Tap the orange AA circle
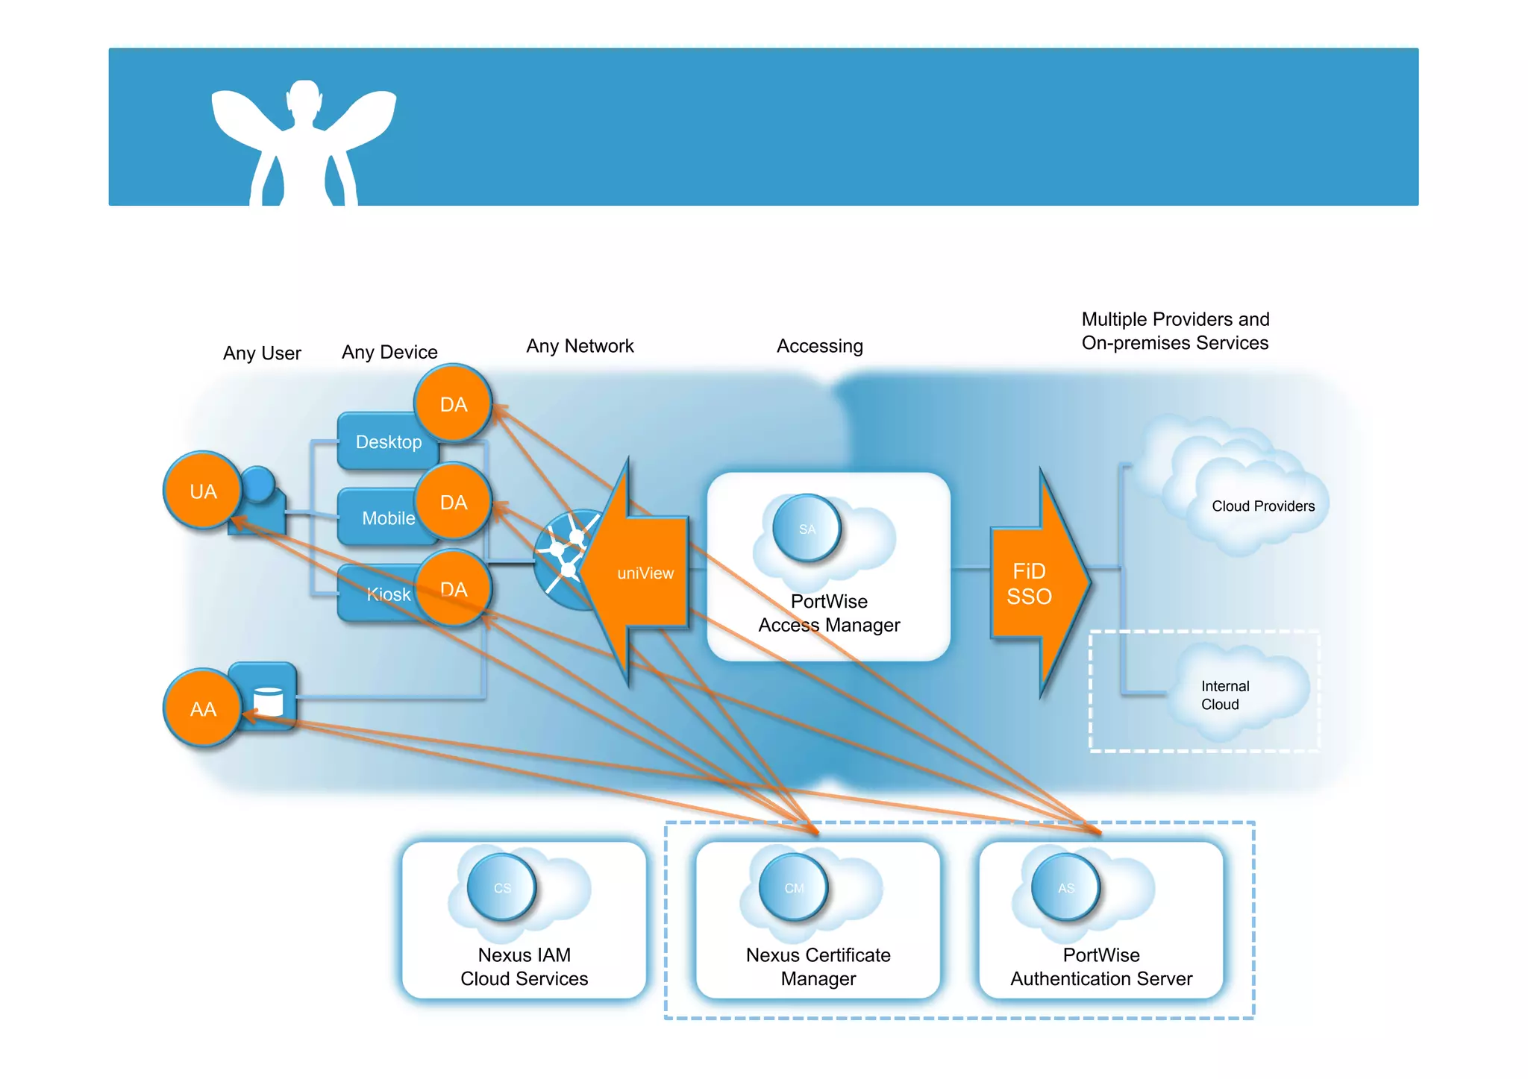202,708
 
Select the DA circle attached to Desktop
453,404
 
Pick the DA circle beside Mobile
453,502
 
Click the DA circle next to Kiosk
453,589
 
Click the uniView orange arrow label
645,573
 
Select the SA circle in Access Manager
807,529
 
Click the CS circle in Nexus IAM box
502,887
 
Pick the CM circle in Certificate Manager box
794,887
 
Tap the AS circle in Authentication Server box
1065,887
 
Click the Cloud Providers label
1262,506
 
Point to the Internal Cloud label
1224,695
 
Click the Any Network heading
580,346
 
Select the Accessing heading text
819,346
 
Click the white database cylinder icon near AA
269,702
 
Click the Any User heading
262,353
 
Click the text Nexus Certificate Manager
818,966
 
